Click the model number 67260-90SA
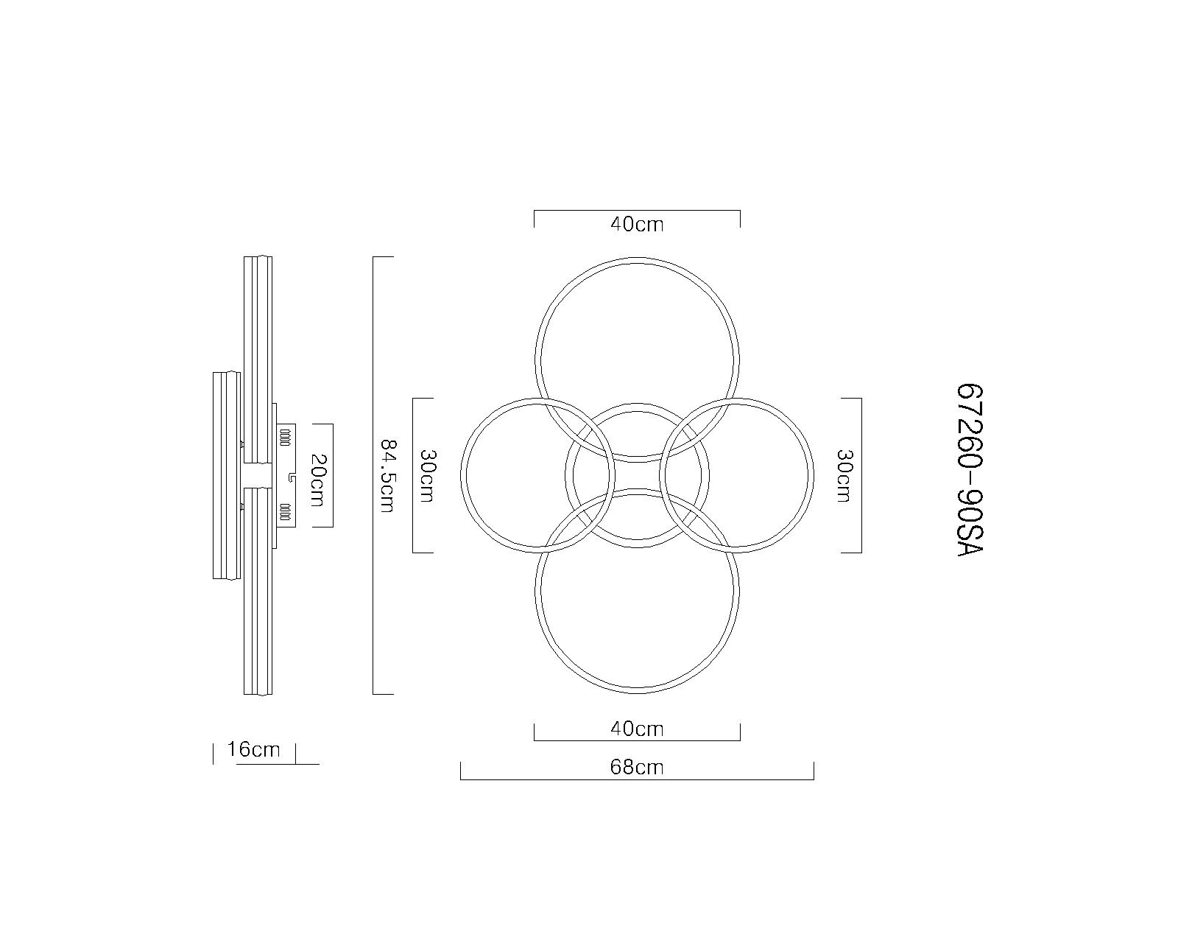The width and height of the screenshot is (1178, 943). (970, 470)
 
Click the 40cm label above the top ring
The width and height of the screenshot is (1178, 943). (637, 224)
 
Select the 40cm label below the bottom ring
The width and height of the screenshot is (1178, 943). (637, 729)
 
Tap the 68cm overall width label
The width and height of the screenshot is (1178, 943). (637, 767)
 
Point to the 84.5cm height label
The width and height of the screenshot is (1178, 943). (387, 476)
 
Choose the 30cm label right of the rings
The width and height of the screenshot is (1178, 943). (844, 476)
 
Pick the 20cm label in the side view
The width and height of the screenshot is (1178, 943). (317, 480)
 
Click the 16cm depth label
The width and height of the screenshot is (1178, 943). (253, 749)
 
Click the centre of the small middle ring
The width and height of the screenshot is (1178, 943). (637, 475)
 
